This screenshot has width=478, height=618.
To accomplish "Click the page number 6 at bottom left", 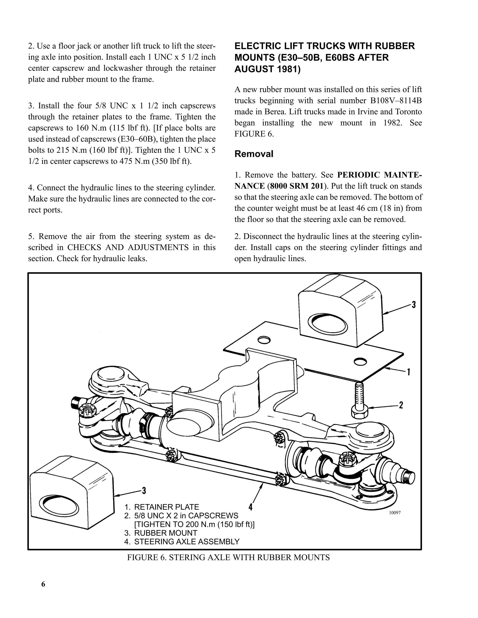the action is (x=43, y=584).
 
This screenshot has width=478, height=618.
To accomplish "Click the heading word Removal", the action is (x=254, y=154).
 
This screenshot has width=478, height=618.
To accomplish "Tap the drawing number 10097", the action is (x=394, y=512).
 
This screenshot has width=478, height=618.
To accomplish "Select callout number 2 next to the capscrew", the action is (x=401, y=405).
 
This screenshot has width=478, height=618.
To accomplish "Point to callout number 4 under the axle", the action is (x=250, y=506).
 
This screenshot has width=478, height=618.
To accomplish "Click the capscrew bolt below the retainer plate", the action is (x=359, y=400).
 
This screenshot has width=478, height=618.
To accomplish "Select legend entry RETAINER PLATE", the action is (x=166, y=507).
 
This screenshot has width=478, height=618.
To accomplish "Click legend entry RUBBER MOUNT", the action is (x=165, y=533).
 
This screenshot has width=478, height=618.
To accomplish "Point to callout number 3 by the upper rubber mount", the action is (x=414, y=305).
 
